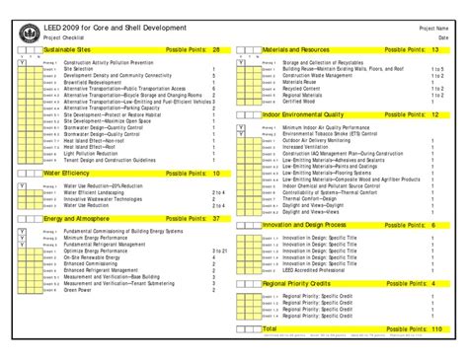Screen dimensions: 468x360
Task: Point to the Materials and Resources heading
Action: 295,47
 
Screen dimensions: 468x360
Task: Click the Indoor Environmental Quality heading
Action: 300,115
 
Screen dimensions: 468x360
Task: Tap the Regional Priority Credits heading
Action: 295,283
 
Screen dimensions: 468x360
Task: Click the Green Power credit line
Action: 78,290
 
